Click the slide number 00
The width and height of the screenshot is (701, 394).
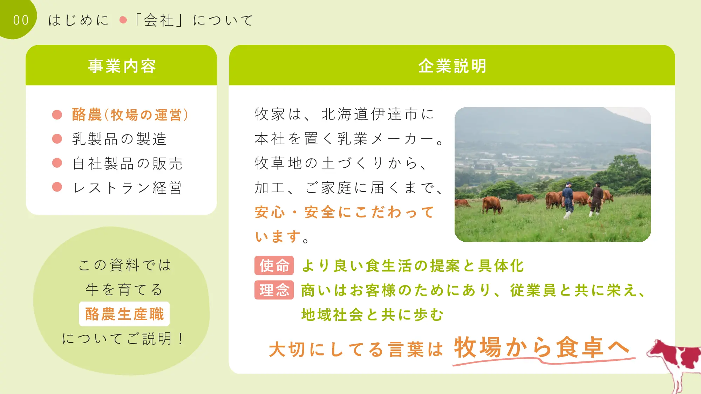click(21, 20)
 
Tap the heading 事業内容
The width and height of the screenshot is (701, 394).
click(122, 66)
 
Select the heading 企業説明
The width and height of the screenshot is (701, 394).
click(452, 66)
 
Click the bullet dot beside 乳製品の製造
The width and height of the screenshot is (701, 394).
click(57, 139)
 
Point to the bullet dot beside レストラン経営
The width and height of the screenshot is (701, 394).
click(57, 187)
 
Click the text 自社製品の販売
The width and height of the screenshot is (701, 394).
click(128, 164)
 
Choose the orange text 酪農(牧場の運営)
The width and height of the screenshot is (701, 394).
click(130, 115)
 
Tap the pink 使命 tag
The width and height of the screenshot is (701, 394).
click(274, 265)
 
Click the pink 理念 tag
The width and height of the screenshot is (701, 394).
click(274, 290)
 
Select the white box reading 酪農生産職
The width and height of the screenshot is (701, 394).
click(124, 314)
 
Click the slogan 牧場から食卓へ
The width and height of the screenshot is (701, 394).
click(542, 347)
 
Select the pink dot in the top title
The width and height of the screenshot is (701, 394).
click(123, 20)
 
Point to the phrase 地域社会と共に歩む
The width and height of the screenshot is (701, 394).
click(372, 314)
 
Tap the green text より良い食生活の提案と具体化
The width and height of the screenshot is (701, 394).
click(413, 265)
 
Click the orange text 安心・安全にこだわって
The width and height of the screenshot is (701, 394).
click(345, 212)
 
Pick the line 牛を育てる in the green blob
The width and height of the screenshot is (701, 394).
click(124, 289)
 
